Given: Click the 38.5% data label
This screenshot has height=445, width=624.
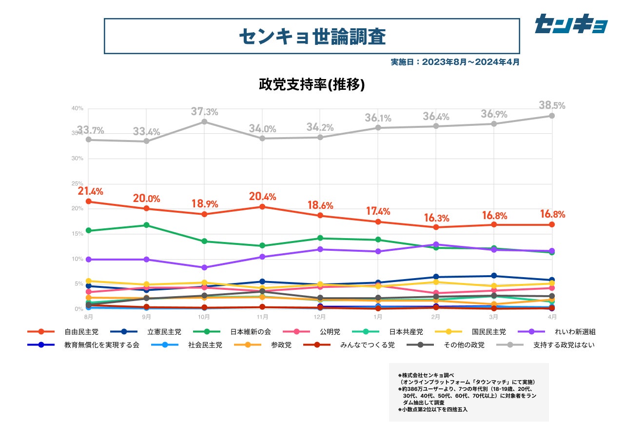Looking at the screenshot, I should click(x=552, y=105).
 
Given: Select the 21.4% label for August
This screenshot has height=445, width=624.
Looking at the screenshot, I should click(x=90, y=191).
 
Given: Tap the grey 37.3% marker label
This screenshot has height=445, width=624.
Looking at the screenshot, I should click(x=204, y=112).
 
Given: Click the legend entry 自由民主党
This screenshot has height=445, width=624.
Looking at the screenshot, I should click(x=81, y=332).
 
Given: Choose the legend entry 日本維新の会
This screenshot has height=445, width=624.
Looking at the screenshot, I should click(x=251, y=332).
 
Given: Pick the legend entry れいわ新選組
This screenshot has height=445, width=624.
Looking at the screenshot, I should click(x=575, y=332).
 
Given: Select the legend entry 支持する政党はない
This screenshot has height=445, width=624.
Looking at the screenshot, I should click(x=564, y=345).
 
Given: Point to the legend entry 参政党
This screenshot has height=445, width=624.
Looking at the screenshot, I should click(x=281, y=345).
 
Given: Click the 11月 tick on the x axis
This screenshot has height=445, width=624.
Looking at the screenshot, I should click(x=262, y=316).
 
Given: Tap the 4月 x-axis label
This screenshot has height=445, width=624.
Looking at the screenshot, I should click(x=552, y=316).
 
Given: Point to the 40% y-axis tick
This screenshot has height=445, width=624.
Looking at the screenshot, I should click(x=78, y=108).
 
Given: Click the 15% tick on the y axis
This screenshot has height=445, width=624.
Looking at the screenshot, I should click(x=78, y=234).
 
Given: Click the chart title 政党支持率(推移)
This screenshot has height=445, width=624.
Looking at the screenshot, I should click(x=312, y=84).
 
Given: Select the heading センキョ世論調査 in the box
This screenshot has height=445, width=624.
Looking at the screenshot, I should click(x=312, y=36).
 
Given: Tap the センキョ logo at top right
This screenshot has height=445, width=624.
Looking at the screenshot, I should click(x=571, y=24).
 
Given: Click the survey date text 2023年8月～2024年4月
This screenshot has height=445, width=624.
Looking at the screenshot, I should click(x=455, y=62).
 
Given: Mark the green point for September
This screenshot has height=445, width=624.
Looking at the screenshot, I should click(x=146, y=225).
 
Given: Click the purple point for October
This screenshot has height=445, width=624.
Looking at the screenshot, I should click(x=204, y=267).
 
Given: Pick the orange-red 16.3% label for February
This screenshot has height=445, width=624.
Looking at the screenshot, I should click(x=436, y=218).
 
